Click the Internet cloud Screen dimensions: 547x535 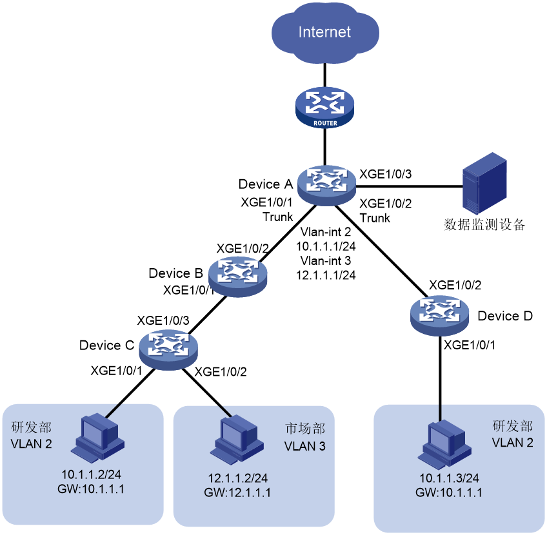click(325, 32)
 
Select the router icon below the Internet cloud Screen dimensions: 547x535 click(325, 108)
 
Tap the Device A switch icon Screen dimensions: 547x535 click(326, 185)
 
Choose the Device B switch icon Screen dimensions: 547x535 click(238, 277)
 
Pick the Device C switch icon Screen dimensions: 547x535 click(168, 349)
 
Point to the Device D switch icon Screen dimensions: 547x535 click(439, 316)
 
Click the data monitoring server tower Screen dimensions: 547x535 click(484, 183)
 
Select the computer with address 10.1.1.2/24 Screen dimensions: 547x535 click(97, 438)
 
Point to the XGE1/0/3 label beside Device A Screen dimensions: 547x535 click(386, 174)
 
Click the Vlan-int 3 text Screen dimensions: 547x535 click(326, 260)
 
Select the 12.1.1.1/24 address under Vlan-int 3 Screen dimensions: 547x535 click(326, 275)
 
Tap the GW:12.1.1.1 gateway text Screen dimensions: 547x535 click(237, 492)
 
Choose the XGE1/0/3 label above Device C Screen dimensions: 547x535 click(163, 320)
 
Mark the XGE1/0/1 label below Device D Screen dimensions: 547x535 click(469, 345)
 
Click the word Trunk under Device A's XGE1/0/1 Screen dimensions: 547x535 click(277, 217)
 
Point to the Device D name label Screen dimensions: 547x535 click(505, 316)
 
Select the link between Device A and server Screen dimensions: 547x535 click(409, 186)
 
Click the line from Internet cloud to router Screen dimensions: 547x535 click(325, 75)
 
